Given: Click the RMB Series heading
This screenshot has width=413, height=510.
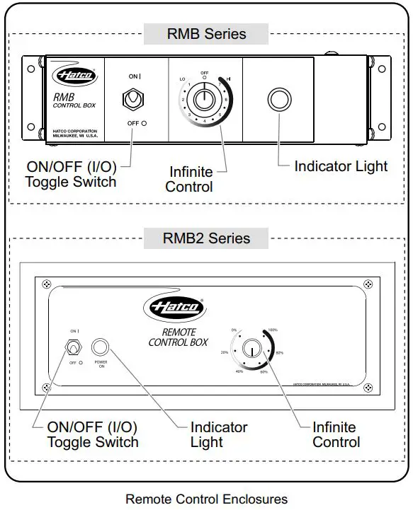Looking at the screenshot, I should tap(206, 33).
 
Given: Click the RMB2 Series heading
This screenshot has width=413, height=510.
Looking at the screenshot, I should tap(206, 238).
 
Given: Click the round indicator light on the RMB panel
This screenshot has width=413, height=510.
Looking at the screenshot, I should tap(279, 99).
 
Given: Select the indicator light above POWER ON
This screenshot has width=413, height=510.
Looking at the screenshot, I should tap(101, 346).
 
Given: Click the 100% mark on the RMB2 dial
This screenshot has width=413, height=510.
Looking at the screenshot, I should tap(273, 330).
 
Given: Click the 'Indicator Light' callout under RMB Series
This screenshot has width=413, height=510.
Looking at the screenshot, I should tap(341, 166).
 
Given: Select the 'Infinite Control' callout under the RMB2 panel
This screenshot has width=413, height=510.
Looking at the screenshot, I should tap(336, 434).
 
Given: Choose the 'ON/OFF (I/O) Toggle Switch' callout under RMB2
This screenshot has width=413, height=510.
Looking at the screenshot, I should tap(92, 434).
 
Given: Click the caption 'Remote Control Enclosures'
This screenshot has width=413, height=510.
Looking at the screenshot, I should tap(206, 499).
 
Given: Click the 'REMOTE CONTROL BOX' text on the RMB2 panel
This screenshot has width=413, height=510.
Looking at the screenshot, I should tap(178, 337).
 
